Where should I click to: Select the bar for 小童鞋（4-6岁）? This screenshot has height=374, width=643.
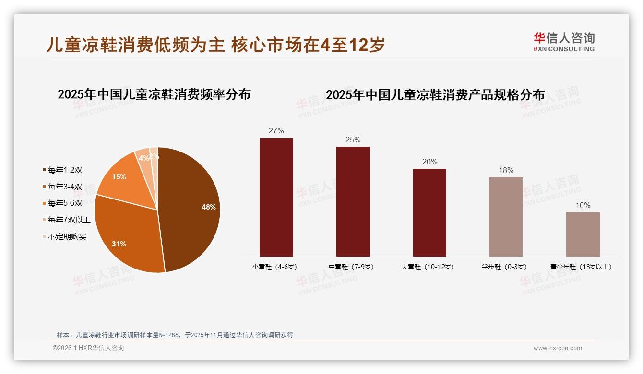pos(276,197)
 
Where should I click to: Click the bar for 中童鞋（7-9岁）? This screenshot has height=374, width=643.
pos(353,201)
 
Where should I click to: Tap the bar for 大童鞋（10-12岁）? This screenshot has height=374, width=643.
pos(429,212)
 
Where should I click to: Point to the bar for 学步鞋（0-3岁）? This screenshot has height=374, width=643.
pos(506,217)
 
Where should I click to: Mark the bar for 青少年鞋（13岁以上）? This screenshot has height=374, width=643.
pos(583,234)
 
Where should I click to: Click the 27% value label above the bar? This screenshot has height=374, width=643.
pos(276,131)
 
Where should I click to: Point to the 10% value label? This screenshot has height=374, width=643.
pos(583,206)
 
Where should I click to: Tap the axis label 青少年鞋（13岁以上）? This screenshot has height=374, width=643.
pos(581,267)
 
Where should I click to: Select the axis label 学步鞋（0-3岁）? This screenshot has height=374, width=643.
pos(504,267)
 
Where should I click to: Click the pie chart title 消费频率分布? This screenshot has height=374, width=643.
pos(154,94)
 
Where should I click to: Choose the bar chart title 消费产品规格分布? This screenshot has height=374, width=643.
pos(435,95)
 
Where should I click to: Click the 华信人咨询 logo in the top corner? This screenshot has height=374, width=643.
pos(564,42)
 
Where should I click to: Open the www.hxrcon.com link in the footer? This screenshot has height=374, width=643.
pos(558,348)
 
